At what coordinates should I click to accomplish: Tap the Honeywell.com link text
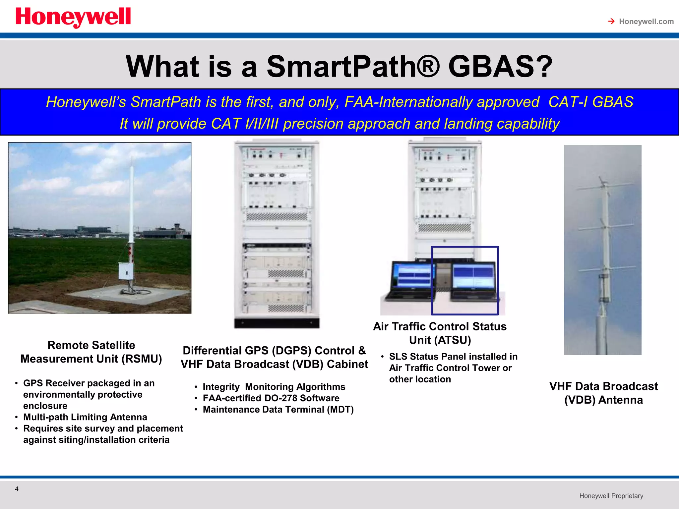pos(646,22)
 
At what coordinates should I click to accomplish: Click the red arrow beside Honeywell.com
pos(611,22)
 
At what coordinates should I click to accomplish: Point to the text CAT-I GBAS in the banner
pos(591,102)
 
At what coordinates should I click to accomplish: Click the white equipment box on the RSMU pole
pos(126,272)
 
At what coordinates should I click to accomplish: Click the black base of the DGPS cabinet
pos(277,323)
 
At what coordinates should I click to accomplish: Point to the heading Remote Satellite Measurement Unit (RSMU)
pos(91,352)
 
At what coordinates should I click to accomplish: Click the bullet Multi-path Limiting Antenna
pos(85,417)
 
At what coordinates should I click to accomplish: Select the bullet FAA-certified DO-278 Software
pos(271,398)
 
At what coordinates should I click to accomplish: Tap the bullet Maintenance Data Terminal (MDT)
pos(278,410)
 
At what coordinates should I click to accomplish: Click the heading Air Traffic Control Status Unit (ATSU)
pos(440,333)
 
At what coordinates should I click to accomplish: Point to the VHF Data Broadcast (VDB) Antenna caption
pos(603,393)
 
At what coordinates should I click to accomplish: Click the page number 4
pos(17,489)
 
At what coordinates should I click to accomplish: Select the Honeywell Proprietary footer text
pos(611,496)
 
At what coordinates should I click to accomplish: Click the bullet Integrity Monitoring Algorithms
pos(274,387)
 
